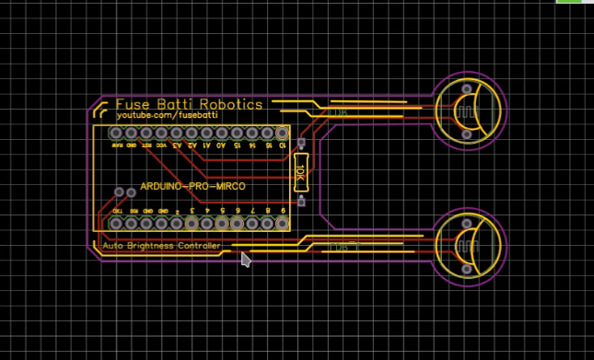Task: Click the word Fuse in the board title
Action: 133,104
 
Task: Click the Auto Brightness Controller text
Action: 162,246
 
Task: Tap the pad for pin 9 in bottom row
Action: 283,223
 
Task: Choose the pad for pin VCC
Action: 162,134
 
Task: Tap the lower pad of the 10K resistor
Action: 299,200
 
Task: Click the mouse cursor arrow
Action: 246,260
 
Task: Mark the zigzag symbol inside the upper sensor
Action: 464,114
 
